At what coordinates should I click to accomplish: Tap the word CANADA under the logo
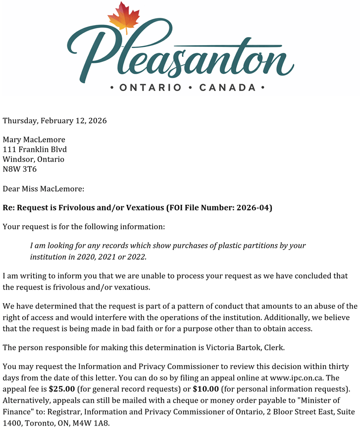227,88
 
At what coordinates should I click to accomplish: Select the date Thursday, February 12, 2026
54,120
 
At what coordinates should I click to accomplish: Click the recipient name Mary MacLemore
34,140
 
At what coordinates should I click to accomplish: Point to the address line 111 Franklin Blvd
35,149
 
